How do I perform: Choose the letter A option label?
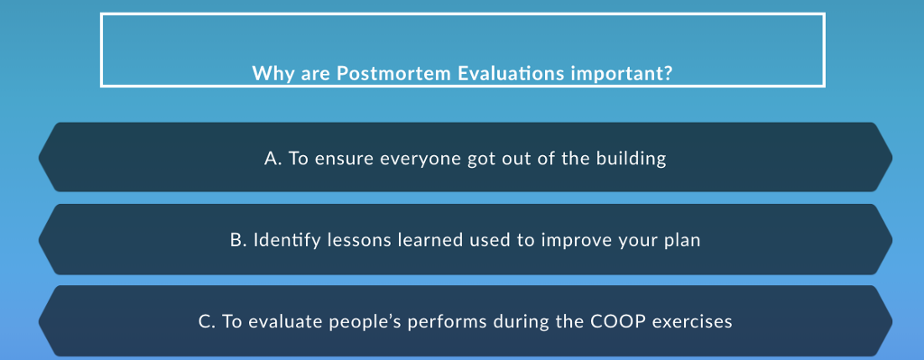273,159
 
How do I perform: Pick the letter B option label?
238,240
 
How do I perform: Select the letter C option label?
207,322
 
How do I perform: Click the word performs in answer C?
448,323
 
